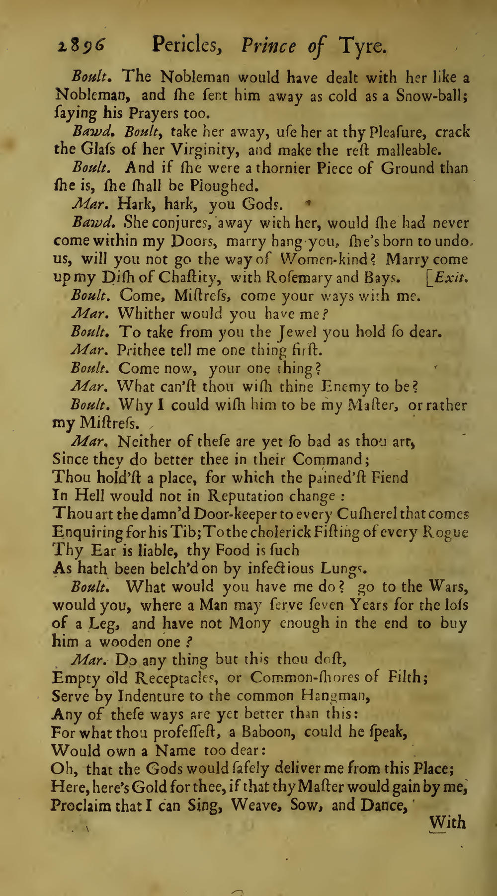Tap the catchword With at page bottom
(x=447, y=823)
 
